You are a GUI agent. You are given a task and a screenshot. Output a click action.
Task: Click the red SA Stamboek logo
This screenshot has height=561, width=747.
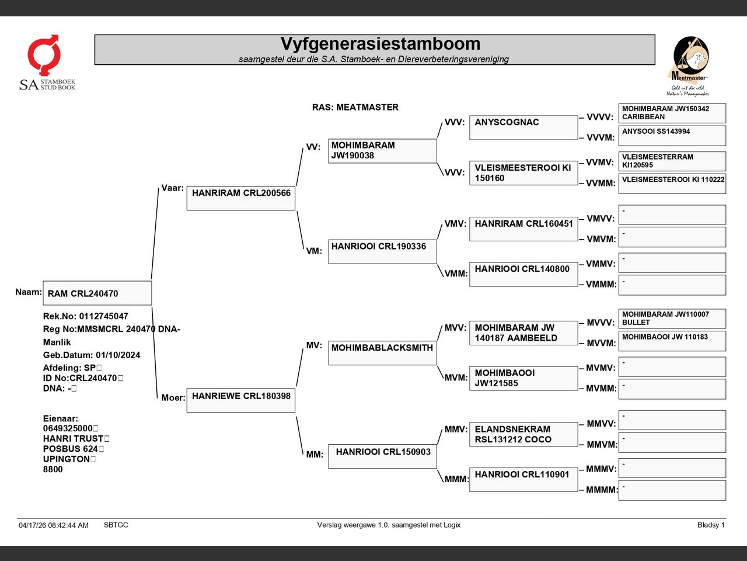[x=47, y=63]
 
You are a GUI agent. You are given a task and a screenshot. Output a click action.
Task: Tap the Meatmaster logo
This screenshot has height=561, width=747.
[x=689, y=66]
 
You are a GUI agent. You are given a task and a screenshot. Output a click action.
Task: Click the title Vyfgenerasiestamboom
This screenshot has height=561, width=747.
[x=381, y=44]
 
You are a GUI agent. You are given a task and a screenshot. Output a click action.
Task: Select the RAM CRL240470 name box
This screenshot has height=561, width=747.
[x=97, y=293]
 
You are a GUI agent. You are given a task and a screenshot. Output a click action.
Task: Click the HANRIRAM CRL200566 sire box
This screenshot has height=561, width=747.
[x=241, y=198]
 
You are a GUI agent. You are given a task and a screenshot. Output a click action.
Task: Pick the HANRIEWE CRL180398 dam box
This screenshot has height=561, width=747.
[x=241, y=400]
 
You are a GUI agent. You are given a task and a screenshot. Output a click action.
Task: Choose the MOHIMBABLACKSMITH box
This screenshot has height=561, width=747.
[x=382, y=353]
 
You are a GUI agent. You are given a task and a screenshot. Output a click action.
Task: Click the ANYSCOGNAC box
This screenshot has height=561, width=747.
[x=523, y=127]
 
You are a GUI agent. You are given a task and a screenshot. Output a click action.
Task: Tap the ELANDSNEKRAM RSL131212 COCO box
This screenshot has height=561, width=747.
[x=523, y=434]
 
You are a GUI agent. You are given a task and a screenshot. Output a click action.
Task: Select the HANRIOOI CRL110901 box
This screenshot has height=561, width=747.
[x=523, y=480]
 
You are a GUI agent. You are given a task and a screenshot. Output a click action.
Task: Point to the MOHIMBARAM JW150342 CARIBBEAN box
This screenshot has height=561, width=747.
[x=672, y=113]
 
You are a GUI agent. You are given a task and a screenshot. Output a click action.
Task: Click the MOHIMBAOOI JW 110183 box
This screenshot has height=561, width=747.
[x=672, y=341]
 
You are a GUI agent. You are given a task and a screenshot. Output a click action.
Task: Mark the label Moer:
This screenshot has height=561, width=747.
[x=173, y=397]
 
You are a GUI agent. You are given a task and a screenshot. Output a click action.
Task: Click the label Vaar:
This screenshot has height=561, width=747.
[x=172, y=188]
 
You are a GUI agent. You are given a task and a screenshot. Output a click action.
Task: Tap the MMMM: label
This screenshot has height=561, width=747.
[x=602, y=490]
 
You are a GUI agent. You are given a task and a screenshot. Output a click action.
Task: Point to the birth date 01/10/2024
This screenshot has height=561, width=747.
[x=118, y=355]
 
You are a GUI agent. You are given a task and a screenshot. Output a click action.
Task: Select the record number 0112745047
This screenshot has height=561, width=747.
[x=103, y=316]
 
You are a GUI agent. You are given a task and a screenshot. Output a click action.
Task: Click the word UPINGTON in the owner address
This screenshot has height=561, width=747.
[x=67, y=459]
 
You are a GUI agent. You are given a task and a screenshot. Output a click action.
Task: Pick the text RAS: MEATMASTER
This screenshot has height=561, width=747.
[x=355, y=108]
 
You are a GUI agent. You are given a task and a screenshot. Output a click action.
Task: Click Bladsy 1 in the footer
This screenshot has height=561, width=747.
[x=711, y=525]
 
